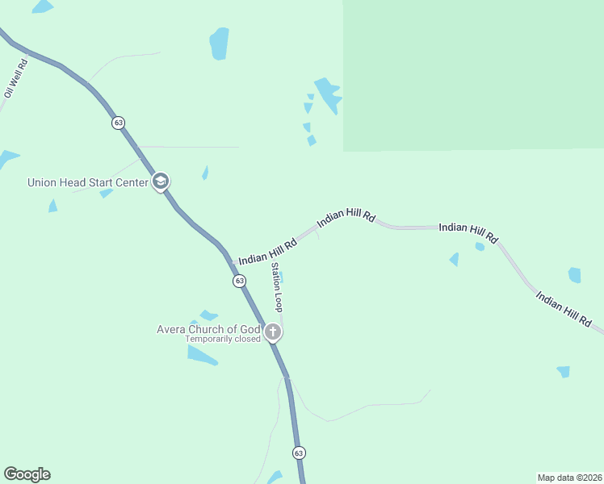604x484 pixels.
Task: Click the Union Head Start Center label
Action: [87, 182]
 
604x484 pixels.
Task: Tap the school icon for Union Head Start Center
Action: [161, 181]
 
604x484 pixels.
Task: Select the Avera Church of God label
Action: [208, 329]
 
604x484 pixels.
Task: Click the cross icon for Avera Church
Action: [273, 331]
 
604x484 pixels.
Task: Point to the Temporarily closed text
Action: [223, 339]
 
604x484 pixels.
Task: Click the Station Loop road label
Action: [277, 287]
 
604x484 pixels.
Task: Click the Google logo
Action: [27, 474]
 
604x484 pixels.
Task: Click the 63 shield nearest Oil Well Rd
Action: [119, 123]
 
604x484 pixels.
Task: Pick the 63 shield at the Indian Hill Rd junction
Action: [239, 281]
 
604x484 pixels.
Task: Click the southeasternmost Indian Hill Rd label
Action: [564, 308]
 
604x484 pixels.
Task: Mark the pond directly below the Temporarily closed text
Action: [201, 355]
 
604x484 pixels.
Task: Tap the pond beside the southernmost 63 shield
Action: [275, 477]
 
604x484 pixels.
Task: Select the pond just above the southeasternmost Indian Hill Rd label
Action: [574, 275]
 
